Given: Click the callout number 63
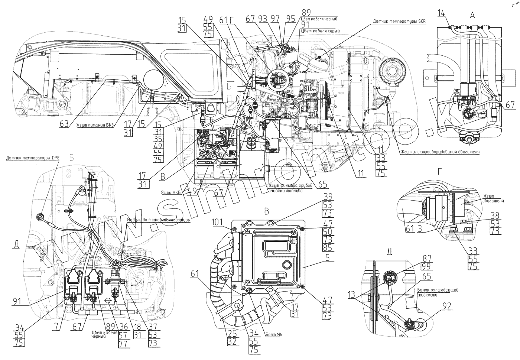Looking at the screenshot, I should [x=64, y=125].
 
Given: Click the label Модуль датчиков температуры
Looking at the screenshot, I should [x=159, y=220].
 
